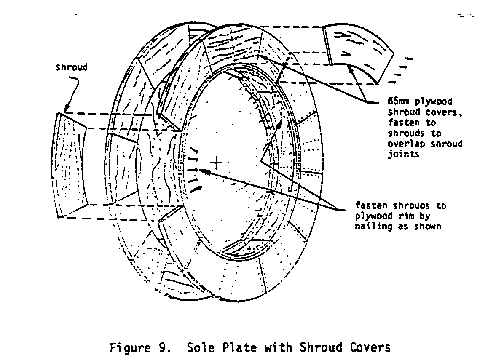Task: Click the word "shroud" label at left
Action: [72, 67]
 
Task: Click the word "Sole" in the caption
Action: [198, 348]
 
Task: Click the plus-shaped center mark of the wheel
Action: [216, 162]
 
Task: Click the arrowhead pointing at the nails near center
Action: [202, 170]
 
